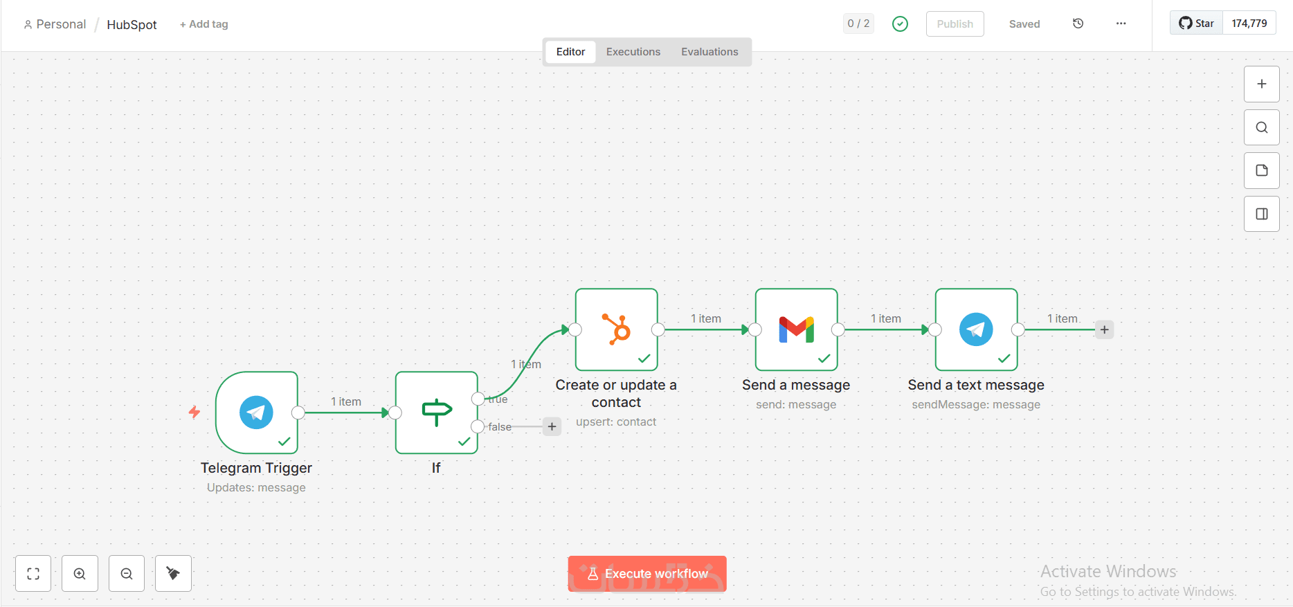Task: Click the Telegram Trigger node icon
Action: tap(256, 413)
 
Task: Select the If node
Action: tap(436, 413)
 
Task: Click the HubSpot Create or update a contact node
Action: tap(616, 329)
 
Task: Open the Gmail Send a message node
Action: tap(796, 329)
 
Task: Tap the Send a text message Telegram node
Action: tap(976, 329)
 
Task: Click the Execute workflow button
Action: tap(646, 574)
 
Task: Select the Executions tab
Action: tap(633, 52)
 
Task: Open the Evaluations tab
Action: tap(709, 52)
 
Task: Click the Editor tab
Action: tap(570, 52)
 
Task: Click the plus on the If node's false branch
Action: tap(552, 426)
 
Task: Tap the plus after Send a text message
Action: tap(1104, 329)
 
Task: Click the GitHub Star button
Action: tap(1197, 24)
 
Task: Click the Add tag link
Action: tap(204, 24)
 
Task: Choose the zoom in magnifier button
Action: tap(80, 574)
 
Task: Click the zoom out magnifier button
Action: tap(127, 574)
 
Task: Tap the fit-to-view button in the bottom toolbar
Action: tap(33, 574)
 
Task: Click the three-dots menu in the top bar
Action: tap(1121, 24)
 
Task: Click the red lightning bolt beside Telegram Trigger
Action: tap(195, 413)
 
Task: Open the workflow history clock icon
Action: tap(1078, 24)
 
